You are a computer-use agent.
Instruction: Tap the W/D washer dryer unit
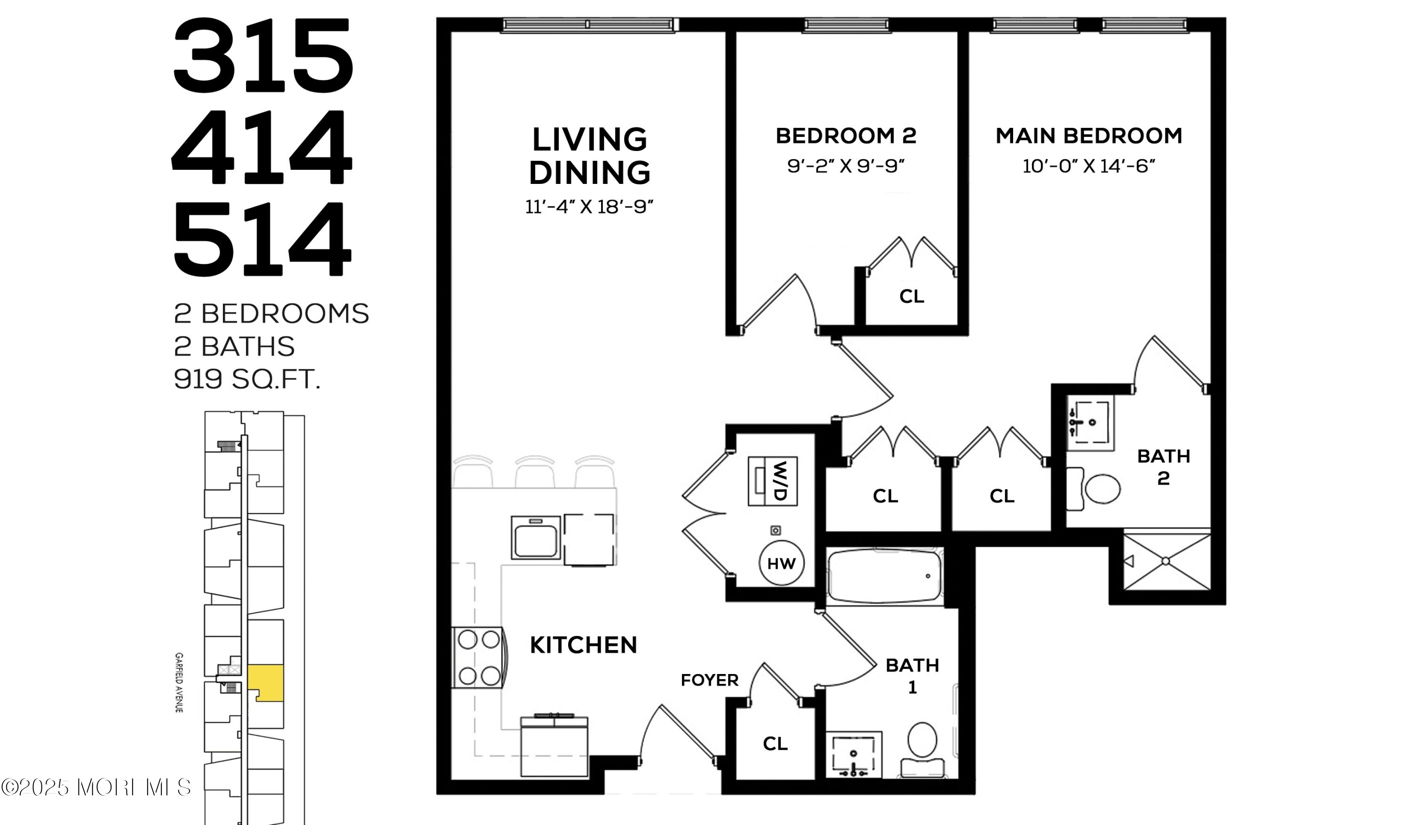click(x=773, y=481)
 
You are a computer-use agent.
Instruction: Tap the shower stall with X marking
click(x=1167, y=561)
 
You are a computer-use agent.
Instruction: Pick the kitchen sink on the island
click(x=536, y=538)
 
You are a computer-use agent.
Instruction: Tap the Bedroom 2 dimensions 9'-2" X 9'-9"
click(x=846, y=167)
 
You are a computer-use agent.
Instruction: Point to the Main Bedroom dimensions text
click(x=1089, y=167)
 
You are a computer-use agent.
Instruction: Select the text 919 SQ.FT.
click(x=247, y=379)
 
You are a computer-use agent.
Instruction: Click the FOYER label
click(x=709, y=680)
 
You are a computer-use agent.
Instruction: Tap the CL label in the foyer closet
click(x=775, y=743)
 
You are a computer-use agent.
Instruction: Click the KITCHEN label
click(x=583, y=645)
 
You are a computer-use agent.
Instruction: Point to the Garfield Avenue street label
click(x=179, y=682)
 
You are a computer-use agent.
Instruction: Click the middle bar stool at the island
click(x=535, y=472)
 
